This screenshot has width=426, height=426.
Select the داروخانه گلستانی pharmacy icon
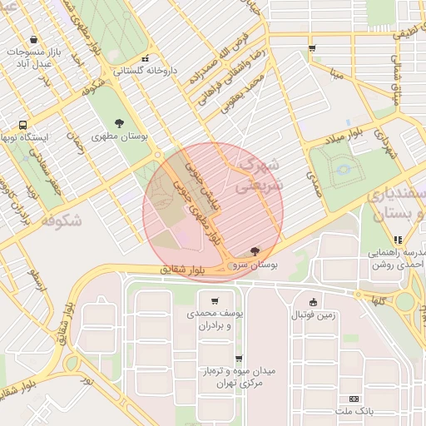(146, 59)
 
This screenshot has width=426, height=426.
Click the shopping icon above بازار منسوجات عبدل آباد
(33, 39)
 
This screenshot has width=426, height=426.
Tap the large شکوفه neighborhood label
(60, 220)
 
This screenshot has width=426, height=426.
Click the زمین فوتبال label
(313, 315)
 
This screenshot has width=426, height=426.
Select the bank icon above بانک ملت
(355, 399)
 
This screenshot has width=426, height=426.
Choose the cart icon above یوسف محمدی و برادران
(215, 301)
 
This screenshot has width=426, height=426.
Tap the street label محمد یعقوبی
(242, 93)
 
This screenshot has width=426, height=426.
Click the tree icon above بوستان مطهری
(121, 122)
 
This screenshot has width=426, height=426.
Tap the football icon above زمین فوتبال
(313, 302)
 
